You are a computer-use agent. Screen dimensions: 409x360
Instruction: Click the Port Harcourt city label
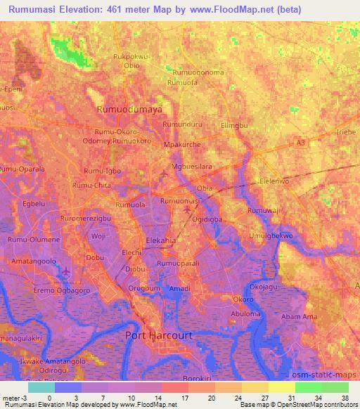point(158,336)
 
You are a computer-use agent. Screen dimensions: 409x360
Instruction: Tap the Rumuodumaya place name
point(129,110)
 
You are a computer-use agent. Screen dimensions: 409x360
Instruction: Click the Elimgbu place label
point(235,125)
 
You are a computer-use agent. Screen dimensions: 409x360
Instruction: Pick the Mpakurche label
point(182,144)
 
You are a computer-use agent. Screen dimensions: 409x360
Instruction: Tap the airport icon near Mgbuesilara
point(165,172)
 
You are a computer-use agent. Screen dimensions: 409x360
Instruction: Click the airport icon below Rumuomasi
point(187,209)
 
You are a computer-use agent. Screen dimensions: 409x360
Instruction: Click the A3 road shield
point(301,143)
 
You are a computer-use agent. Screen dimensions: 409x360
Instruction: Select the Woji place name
point(97,236)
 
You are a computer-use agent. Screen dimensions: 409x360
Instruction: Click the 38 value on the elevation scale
point(344,398)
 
